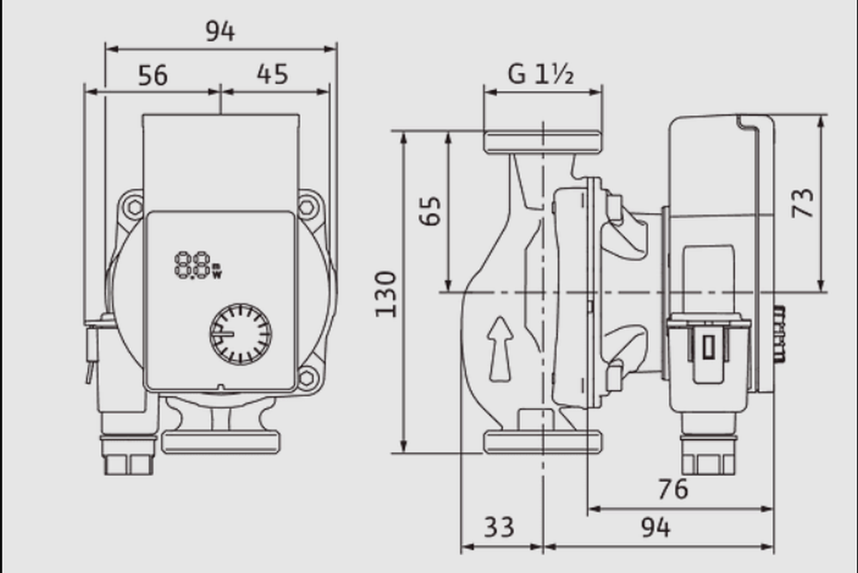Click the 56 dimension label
pyautogui.click(x=152, y=76)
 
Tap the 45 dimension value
pyautogui.click(x=272, y=74)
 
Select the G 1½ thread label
pyautogui.click(x=541, y=74)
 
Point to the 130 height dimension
pyautogui.click(x=385, y=294)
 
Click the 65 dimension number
pyautogui.click(x=430, y=211)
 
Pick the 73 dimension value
pyautogui.click(x=802, y=203)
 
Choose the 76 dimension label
pyautogui.click(x=673, y=489)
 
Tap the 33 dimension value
pyautogui.click(x=499, y=527)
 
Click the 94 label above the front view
pyautogui.click(x=220, y=31)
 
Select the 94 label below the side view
pyautogui.click(x=656, y=527)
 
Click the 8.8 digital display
pyautogui.click(x=198, y=265)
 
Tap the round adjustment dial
pyautogui.click(x=240, y=334)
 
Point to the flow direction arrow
pyautogui.click(x=500, y=349)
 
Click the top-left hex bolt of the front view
pyautogui.click(x=134, y=208)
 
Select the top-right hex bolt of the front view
pyautogui.click(x=307, y=208)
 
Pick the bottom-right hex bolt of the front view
pyautogui.click(x=307, y=378)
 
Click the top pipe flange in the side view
pyautogui.click(x=543, y=142)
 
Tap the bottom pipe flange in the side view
pyautogui.click(x=543, y=442)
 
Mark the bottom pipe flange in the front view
pyautogui.click(x=221, y=442)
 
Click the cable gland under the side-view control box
pyautogui.click(x=709, y=444)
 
